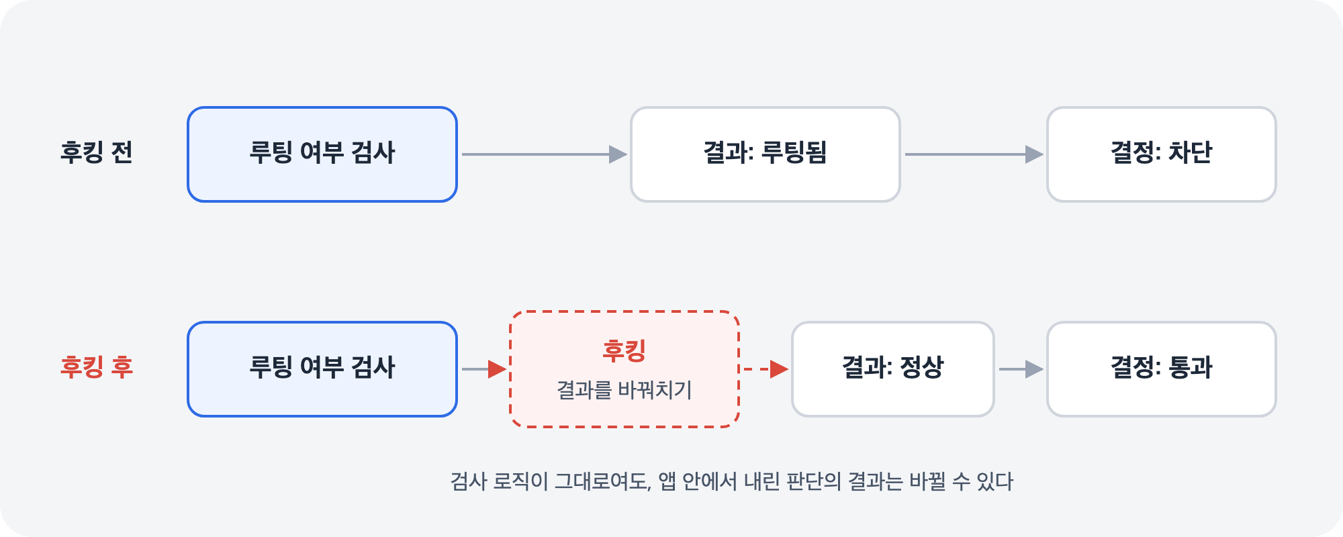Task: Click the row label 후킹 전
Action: coord(97,152)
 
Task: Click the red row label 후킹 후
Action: coord(97,367)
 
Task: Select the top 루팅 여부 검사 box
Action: coord(322,154)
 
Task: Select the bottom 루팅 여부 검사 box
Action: coord(322,369)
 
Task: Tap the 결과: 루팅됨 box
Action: coord(766,154)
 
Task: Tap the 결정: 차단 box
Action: coord(1162,154)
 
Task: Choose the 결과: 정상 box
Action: coord(893,369)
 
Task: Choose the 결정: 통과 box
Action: coord(1162,369)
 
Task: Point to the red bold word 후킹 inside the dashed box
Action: coord(624,350)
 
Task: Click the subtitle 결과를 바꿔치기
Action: coord(624,390)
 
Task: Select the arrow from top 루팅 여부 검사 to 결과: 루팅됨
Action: coord(545,154)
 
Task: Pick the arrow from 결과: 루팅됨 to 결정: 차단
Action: coord(974,154)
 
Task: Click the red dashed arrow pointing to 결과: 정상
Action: coord(764,369)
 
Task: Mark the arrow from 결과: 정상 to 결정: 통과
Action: coord(1021,369)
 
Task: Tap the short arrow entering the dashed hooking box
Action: coord(484,369)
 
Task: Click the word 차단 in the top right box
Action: coord(1191,152)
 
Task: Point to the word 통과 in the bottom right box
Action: coord(1191,367)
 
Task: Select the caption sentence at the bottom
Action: coord(732,481)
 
